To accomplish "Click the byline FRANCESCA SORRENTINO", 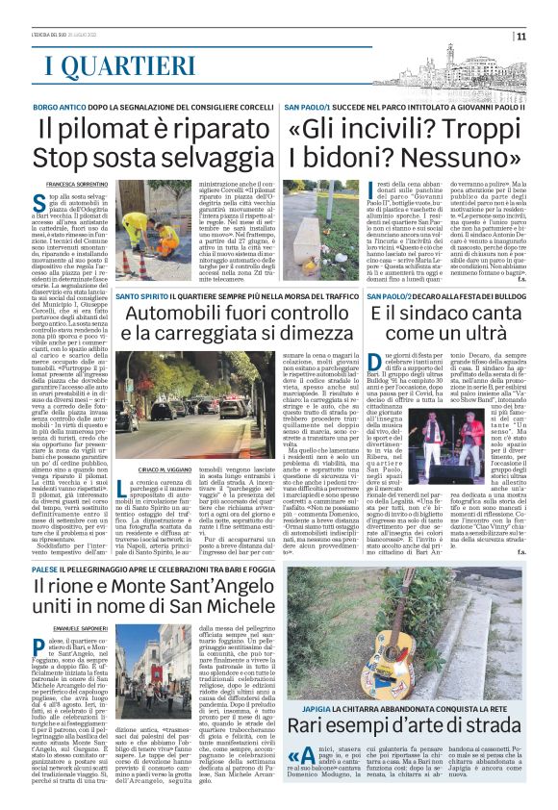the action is point(78,184).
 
